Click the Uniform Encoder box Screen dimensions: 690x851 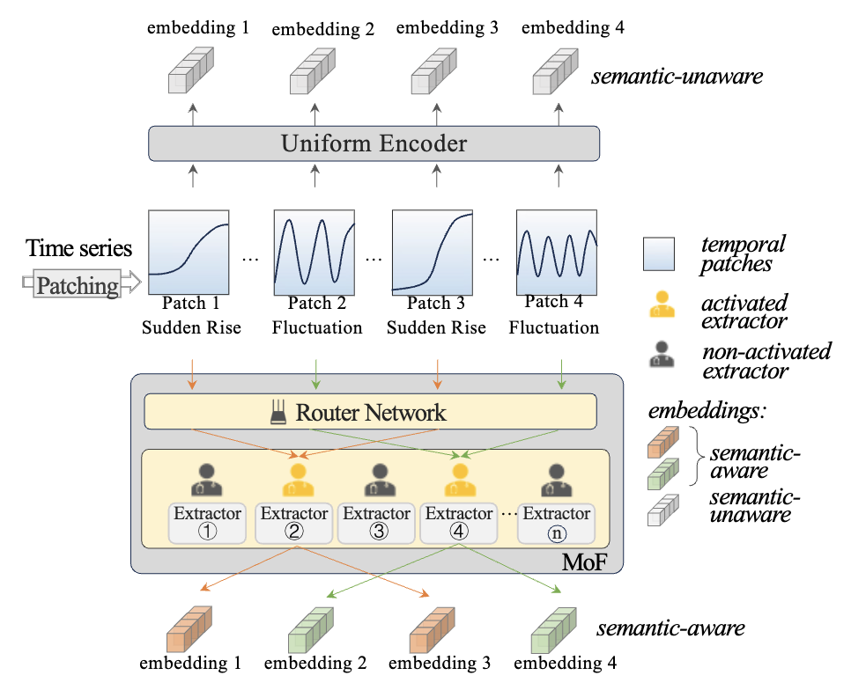click(374, 143)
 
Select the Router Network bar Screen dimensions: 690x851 click(370, 411)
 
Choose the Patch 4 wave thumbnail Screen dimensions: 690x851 click(556, 250)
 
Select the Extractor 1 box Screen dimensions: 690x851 click(208, 522)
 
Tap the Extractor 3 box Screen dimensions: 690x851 click(377, 522)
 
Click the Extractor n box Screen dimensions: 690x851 click(555, 522)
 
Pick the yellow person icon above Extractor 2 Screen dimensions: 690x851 click(293, 481)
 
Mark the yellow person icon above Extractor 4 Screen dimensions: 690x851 click(459, 481)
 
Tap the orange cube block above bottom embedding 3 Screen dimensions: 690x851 click(434, 629)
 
